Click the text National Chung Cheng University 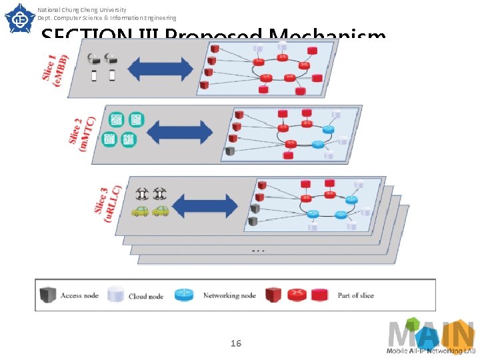[x=82, y=10]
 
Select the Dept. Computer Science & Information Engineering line [x=107, y=19]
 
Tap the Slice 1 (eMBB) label [x=55, y=67]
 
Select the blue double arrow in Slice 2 [x=179, y=132]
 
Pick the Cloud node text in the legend [x=146, y=296]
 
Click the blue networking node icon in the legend [x=184, y=295]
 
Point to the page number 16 [x=235, y=343]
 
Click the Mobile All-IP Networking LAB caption [x=431, y=351]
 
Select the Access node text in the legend [x=79, y=295]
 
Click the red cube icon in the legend [x=273, y=295]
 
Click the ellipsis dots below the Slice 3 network [x=259, y=251]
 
